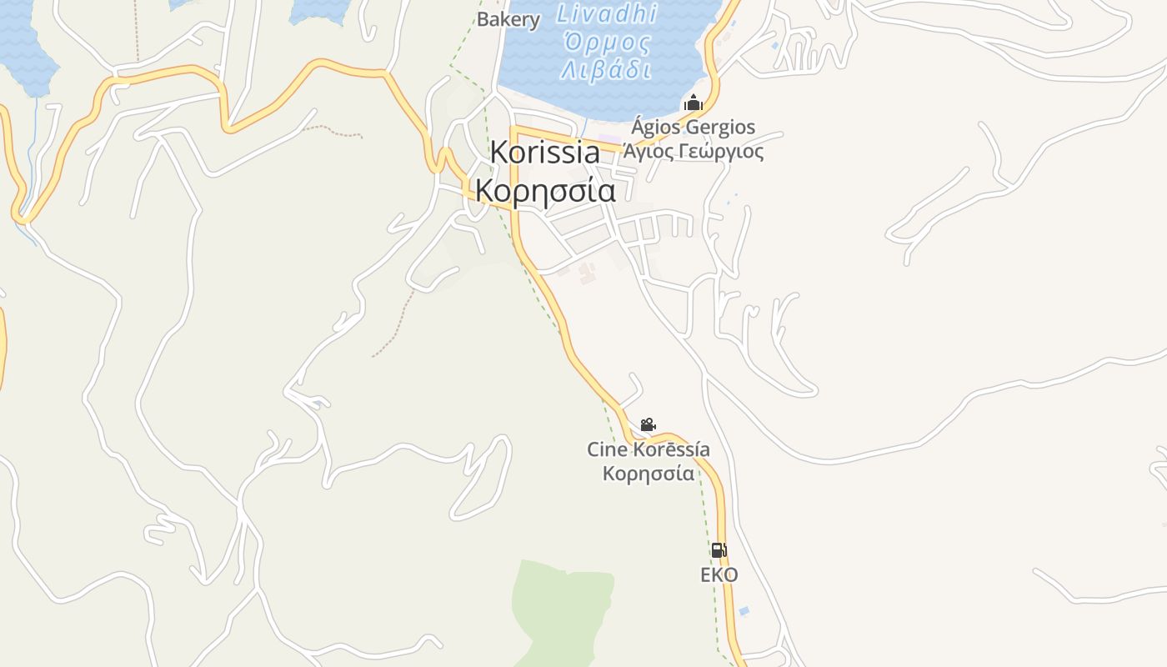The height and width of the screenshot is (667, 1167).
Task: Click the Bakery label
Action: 508,18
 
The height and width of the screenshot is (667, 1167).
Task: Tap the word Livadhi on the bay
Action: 606,13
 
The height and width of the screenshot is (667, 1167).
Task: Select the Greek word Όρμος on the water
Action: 606,42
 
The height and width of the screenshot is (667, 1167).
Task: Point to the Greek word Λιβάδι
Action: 606,69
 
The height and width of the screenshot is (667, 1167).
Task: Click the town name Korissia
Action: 544,153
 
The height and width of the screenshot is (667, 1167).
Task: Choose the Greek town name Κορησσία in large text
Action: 545,191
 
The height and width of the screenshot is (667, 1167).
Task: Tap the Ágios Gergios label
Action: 693,128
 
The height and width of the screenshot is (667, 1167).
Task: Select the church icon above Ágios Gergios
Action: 694,104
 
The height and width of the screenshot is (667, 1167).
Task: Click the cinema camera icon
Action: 648,425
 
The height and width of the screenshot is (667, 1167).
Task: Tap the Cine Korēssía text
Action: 649,450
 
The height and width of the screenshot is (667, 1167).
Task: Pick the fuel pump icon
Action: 719,550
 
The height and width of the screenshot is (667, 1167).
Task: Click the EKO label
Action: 719,575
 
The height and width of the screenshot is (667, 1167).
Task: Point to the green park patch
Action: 558,609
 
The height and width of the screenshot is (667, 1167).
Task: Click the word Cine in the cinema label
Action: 606,450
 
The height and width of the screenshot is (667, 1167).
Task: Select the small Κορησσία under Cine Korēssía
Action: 649,474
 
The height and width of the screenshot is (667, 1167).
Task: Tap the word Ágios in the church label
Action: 655,128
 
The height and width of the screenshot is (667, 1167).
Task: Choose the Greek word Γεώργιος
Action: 724,152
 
